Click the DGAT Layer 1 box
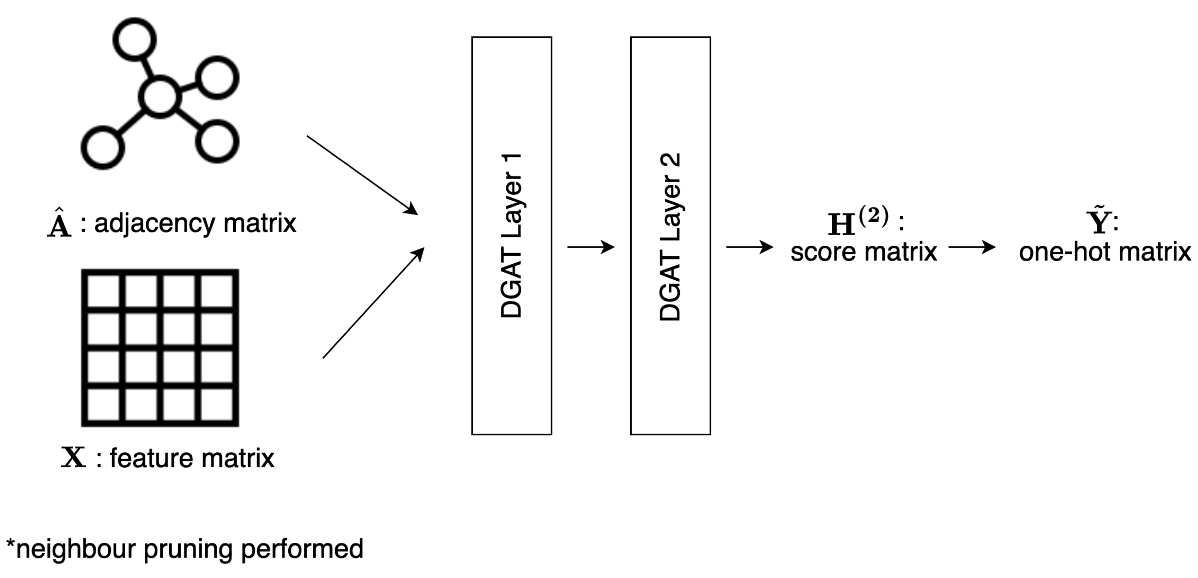point(512,236)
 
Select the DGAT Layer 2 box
point(670,236)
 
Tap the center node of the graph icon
point(159,97)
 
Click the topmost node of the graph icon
point(134,39)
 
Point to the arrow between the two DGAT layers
point(591,247)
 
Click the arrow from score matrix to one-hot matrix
point(971,247)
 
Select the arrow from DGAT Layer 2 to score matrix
point(749,247)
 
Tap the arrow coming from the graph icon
point(362,175)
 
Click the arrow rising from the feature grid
point(373,303)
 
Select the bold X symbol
point(73,458)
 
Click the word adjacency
point(155,224)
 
